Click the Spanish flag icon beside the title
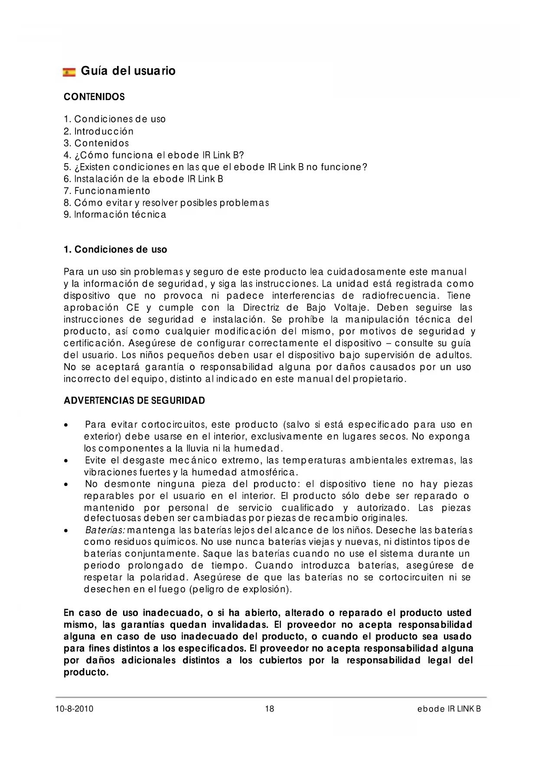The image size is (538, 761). point(69,72)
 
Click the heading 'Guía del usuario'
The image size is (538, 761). point(128,71)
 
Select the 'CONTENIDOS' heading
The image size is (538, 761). point(94,97)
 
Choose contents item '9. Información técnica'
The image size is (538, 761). point(115,214)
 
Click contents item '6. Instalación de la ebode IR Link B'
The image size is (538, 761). point(143,179)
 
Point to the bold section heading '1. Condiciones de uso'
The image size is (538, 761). point(115,249)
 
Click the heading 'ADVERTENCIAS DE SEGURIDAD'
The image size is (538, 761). point(134,400)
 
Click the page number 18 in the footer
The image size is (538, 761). point(269,709)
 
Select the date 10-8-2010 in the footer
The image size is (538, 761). point(74,709)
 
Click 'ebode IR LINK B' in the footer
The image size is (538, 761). point(449,709)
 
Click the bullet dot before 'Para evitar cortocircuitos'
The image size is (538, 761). point(65,425)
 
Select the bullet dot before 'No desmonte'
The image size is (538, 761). point(65,485)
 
